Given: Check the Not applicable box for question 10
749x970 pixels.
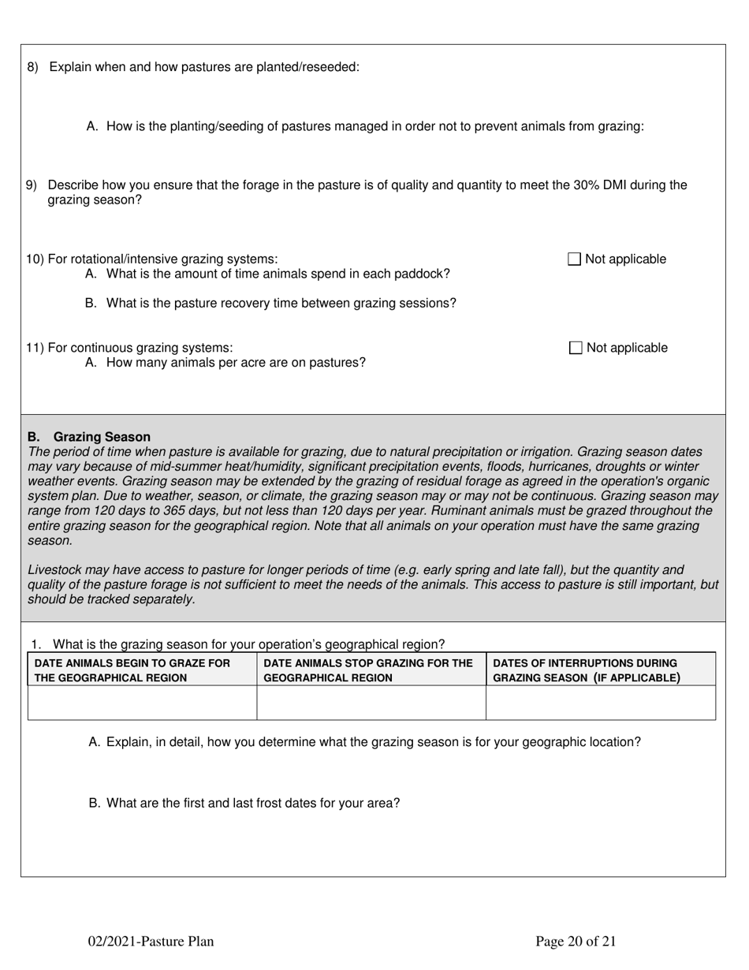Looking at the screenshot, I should click(574, 259).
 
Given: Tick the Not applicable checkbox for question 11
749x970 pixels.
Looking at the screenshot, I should click(576, 348).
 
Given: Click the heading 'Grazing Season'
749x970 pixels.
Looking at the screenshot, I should click(102, 437).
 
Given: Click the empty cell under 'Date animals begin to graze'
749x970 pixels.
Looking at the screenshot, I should click(142, 703).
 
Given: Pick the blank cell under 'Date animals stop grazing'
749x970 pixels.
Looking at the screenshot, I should click(371, 703).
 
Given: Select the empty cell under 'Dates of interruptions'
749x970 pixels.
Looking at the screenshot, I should click(600, 703).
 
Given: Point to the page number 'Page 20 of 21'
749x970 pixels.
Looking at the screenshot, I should click(576, 940).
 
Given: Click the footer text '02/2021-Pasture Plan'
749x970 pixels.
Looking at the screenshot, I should click(151, 940).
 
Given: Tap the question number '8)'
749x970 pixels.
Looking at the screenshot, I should click(32, 67).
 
